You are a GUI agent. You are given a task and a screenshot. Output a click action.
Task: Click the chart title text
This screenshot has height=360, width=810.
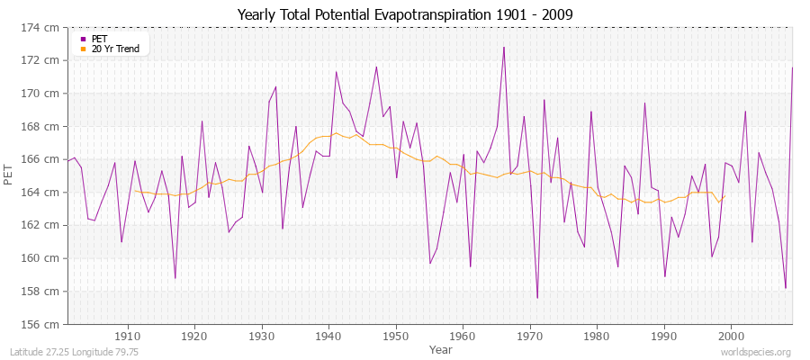tap(404, 14)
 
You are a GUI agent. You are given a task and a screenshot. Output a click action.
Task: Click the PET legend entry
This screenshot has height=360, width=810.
tap(98, 39)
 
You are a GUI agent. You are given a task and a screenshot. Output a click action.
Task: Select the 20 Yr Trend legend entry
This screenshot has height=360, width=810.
tap(115, 49)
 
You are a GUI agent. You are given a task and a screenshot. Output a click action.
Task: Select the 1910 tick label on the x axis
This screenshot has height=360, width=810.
tap(128, 336)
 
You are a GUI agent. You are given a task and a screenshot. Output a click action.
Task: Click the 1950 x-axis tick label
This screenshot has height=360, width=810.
tap(396, 336)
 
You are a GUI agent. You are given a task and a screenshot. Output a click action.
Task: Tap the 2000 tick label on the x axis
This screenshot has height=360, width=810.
tap(731, 336)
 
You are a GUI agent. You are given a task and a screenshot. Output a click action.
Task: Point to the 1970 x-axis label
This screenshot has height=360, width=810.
tap(530, 336)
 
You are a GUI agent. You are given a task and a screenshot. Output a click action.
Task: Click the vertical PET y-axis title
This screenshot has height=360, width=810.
tap(10, 175)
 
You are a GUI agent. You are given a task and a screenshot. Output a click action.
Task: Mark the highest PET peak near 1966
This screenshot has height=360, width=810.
tap(504, 47)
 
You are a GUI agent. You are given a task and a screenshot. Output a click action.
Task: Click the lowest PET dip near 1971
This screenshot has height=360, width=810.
tap(537, 298)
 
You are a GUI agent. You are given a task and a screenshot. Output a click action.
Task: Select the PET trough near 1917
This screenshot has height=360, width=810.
tap(175, 278)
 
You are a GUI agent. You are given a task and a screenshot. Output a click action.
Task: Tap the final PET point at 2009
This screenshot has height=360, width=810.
tap(792, 67)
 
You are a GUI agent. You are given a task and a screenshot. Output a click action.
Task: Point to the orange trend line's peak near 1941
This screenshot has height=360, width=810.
tap(336, 133)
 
